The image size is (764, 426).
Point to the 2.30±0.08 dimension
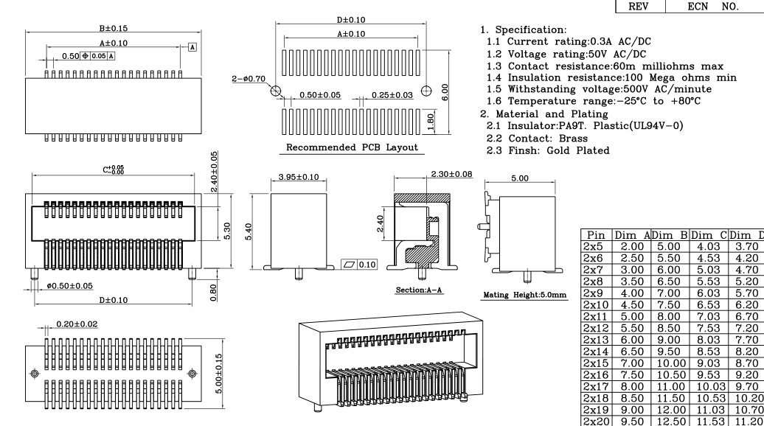coord(451,174)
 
